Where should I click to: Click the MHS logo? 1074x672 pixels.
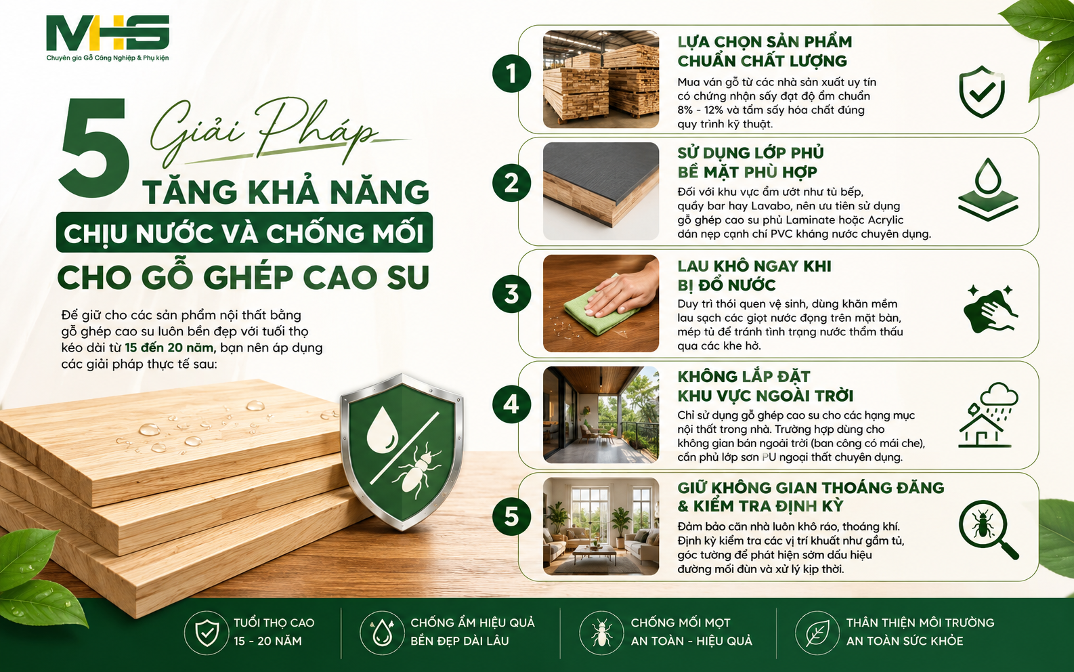pos(108,37)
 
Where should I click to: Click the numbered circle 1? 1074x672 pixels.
pos(511,74)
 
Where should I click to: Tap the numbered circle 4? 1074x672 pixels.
pos(511,404)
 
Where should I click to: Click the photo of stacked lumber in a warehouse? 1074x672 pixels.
pos(601,79)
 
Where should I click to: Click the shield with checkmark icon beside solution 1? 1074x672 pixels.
pos(982,91)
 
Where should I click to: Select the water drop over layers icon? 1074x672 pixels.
pos(988,190)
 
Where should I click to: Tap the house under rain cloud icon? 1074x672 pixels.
pos(988,415)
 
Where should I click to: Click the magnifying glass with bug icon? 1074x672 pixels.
pos(988,530)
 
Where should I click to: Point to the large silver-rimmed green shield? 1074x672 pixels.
pos(402,451)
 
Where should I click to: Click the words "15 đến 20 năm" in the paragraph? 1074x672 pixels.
pos(169,348)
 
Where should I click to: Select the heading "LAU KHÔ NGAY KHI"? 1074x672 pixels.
pos(754,266)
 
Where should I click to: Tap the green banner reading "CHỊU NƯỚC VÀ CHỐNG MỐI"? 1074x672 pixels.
pos(244,232)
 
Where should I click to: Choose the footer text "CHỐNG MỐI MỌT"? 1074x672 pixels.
pos(681,623)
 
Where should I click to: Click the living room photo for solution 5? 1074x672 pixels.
pos(601,526)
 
